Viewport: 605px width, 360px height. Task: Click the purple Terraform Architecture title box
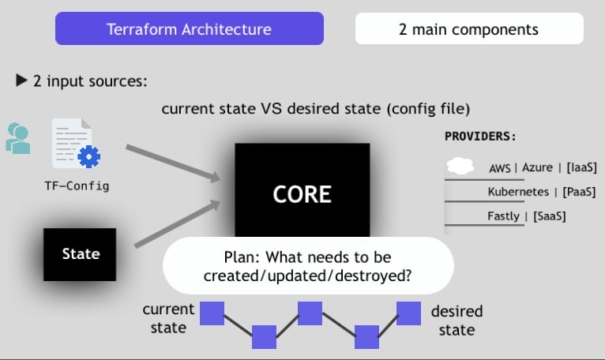coord(189,29)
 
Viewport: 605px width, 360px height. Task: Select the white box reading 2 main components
coord(469,29)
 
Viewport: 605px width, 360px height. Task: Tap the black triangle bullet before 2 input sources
coord(21,81)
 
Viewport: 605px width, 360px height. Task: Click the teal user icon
coord(17,137)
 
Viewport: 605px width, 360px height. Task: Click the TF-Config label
coord(77,186)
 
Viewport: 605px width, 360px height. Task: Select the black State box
coord(80,254)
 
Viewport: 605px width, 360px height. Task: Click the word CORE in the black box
coord(302,194)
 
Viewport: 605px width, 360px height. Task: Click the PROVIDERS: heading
coord(480,136)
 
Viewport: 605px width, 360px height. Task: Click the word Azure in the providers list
coord(537,168)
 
